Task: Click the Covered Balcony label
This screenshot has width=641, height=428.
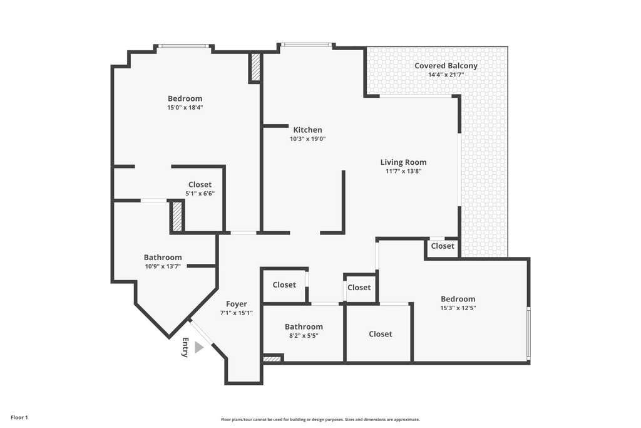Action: tap(446, 66)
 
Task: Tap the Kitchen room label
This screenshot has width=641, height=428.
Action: tap(307, 130)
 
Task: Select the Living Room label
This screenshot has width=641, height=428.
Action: tap(404, 162)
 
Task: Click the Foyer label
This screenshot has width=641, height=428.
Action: tap(236, 304)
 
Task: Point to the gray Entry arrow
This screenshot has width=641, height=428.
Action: tap(198, 347)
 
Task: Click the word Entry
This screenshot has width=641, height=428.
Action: tap(185, 347)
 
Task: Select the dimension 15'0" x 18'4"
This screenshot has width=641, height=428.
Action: tap(185, 108)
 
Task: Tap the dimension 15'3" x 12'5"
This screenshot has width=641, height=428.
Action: tap(458, 308)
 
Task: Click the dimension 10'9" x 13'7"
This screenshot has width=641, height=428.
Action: tap(163, 266)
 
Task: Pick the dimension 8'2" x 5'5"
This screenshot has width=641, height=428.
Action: tap(304, 335)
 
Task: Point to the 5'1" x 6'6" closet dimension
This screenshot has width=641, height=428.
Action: tap(200, 194)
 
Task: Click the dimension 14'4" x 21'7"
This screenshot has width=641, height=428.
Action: tap(446, 75)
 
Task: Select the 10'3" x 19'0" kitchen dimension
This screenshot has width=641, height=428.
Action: tap(307, 138)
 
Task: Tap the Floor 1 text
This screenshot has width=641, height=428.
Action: tap(19, 418)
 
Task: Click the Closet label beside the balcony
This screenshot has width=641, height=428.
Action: tap(443, 246)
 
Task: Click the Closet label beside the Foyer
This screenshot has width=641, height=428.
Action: tap(284, 284)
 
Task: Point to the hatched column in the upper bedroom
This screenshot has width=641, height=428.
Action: tap(255, 68)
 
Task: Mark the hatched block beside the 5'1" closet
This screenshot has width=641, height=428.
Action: tap(177, 216)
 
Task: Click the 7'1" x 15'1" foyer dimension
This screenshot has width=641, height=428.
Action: tap(236, 313)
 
